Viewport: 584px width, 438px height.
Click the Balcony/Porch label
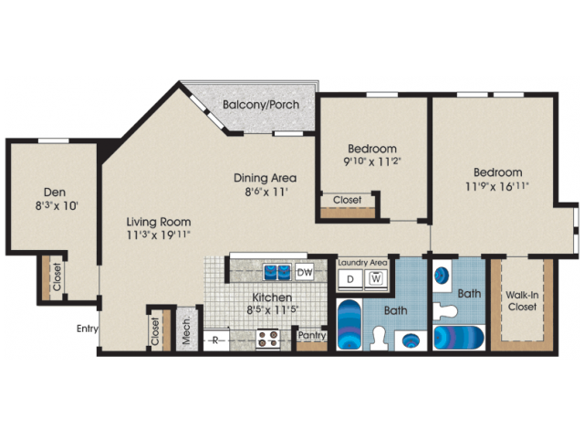(x=258, y=104)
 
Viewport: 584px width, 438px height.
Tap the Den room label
(x=53, y=193)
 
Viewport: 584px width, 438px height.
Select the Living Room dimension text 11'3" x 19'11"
(x=158, y=236)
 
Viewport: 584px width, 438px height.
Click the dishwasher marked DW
(x=305, y=271)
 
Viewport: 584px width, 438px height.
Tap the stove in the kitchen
(x=267, y=339)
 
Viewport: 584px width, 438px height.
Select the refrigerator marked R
(x=216, y=340)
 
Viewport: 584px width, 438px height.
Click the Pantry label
(x=312, y=335)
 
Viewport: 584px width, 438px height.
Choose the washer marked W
(x=376, y=278)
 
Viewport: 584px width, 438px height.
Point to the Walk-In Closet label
(x=523, y=300)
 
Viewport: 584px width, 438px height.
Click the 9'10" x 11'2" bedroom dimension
(x=371, y=163)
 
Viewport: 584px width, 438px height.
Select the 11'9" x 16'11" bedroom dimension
(x=497, y=187)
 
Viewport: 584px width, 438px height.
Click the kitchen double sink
(x=276, y=271)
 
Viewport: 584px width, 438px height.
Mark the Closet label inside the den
(x=56, y=278)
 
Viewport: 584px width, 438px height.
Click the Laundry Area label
(x=363, y=262)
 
